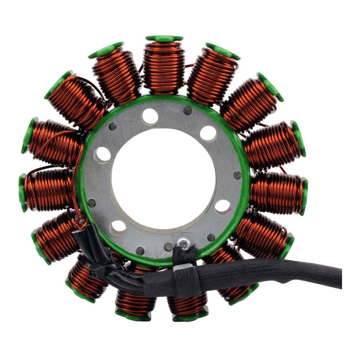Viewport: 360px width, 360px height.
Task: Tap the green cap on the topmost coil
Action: (x=164, y=38)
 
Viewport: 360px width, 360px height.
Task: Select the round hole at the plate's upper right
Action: (x=208, y=133)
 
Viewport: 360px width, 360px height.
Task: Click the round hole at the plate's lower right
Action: (x=222, y=207)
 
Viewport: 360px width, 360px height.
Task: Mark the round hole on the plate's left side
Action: (x=103, y=155)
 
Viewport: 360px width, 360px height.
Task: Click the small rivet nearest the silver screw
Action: (x=168, y=246)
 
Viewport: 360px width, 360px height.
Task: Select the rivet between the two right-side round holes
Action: (x=237, y=175)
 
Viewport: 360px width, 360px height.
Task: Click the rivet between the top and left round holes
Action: (x=113, y=127)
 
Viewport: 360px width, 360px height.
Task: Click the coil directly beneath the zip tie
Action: (x=87, y=281)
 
